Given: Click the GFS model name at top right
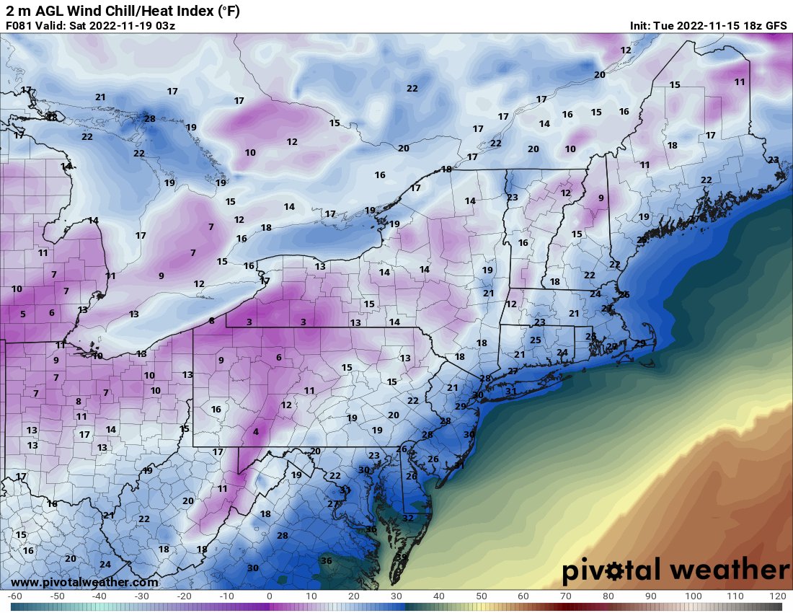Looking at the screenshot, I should click(776, 26).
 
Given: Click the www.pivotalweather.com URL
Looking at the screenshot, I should click(84, 582).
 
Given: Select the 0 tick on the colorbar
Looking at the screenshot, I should click(269, 597).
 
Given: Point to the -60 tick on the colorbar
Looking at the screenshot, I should click(14, 597).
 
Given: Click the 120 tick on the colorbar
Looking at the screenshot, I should click(777, 597).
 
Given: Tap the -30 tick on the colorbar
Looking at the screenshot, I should click(142, 597).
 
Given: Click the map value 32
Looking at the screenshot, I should click(408, 518).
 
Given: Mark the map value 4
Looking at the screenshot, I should click(255, 432).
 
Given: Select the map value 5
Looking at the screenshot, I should click(22, 314).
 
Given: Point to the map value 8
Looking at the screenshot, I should click(78, 401).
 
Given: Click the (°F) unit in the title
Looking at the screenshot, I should click(226, 11).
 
